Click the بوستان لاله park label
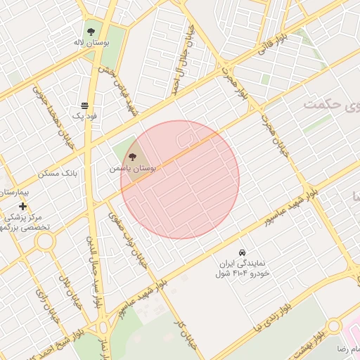[90, 42]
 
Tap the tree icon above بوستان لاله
[91, 31]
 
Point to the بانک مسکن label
[78, 172]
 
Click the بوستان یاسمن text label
[133, 169]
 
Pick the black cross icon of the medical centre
[23, 206]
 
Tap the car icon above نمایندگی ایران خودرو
[242, 252]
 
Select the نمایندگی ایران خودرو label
[243, 267]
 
